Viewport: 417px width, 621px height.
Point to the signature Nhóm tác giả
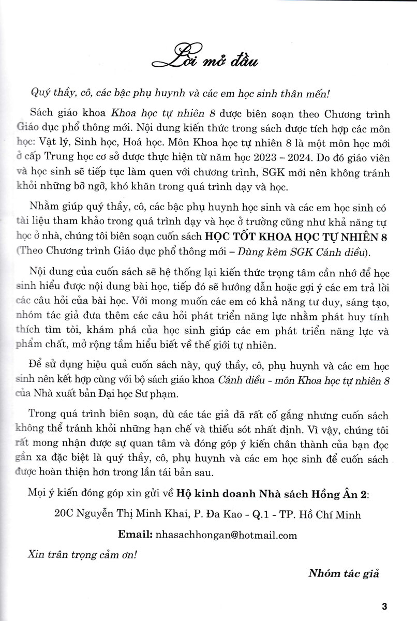coord(351,573)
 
